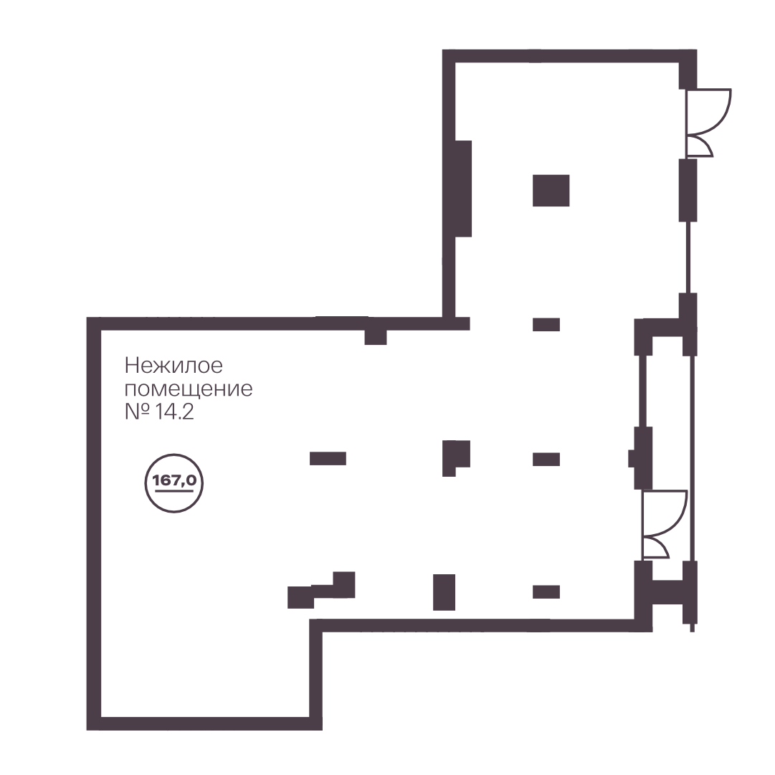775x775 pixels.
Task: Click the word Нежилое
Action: click(x=173, y=366)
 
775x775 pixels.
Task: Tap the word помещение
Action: click(x=189, y=389)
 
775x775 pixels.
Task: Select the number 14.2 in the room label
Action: click(x=174, y=412)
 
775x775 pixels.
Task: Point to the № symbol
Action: click(x=137, y=412)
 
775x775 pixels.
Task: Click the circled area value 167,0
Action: click(x=174, y=481)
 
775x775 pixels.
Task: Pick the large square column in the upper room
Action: click(x=551, y=190)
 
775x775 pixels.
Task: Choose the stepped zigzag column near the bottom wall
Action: click(x=321, y=590)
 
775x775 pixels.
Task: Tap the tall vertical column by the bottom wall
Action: click(x=444, y=592)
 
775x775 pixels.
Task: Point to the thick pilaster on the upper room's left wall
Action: click(x=463, y=189)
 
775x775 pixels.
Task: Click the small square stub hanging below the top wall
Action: click(x=376, y=337)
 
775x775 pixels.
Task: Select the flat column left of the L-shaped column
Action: click(x=328, y=459)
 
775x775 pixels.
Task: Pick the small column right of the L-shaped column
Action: click(x=546, y=459)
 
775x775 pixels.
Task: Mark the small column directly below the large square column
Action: click(x=546, y=324)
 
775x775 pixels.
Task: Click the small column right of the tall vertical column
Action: click(x=546, y=591)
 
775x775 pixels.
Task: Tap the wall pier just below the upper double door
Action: click(x=688, y=190)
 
